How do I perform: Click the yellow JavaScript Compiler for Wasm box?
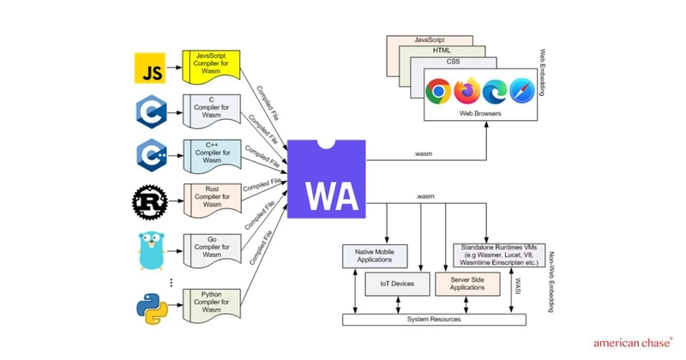211,65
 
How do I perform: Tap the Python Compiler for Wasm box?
211,304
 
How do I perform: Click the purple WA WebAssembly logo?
326,179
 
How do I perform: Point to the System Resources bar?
434,319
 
